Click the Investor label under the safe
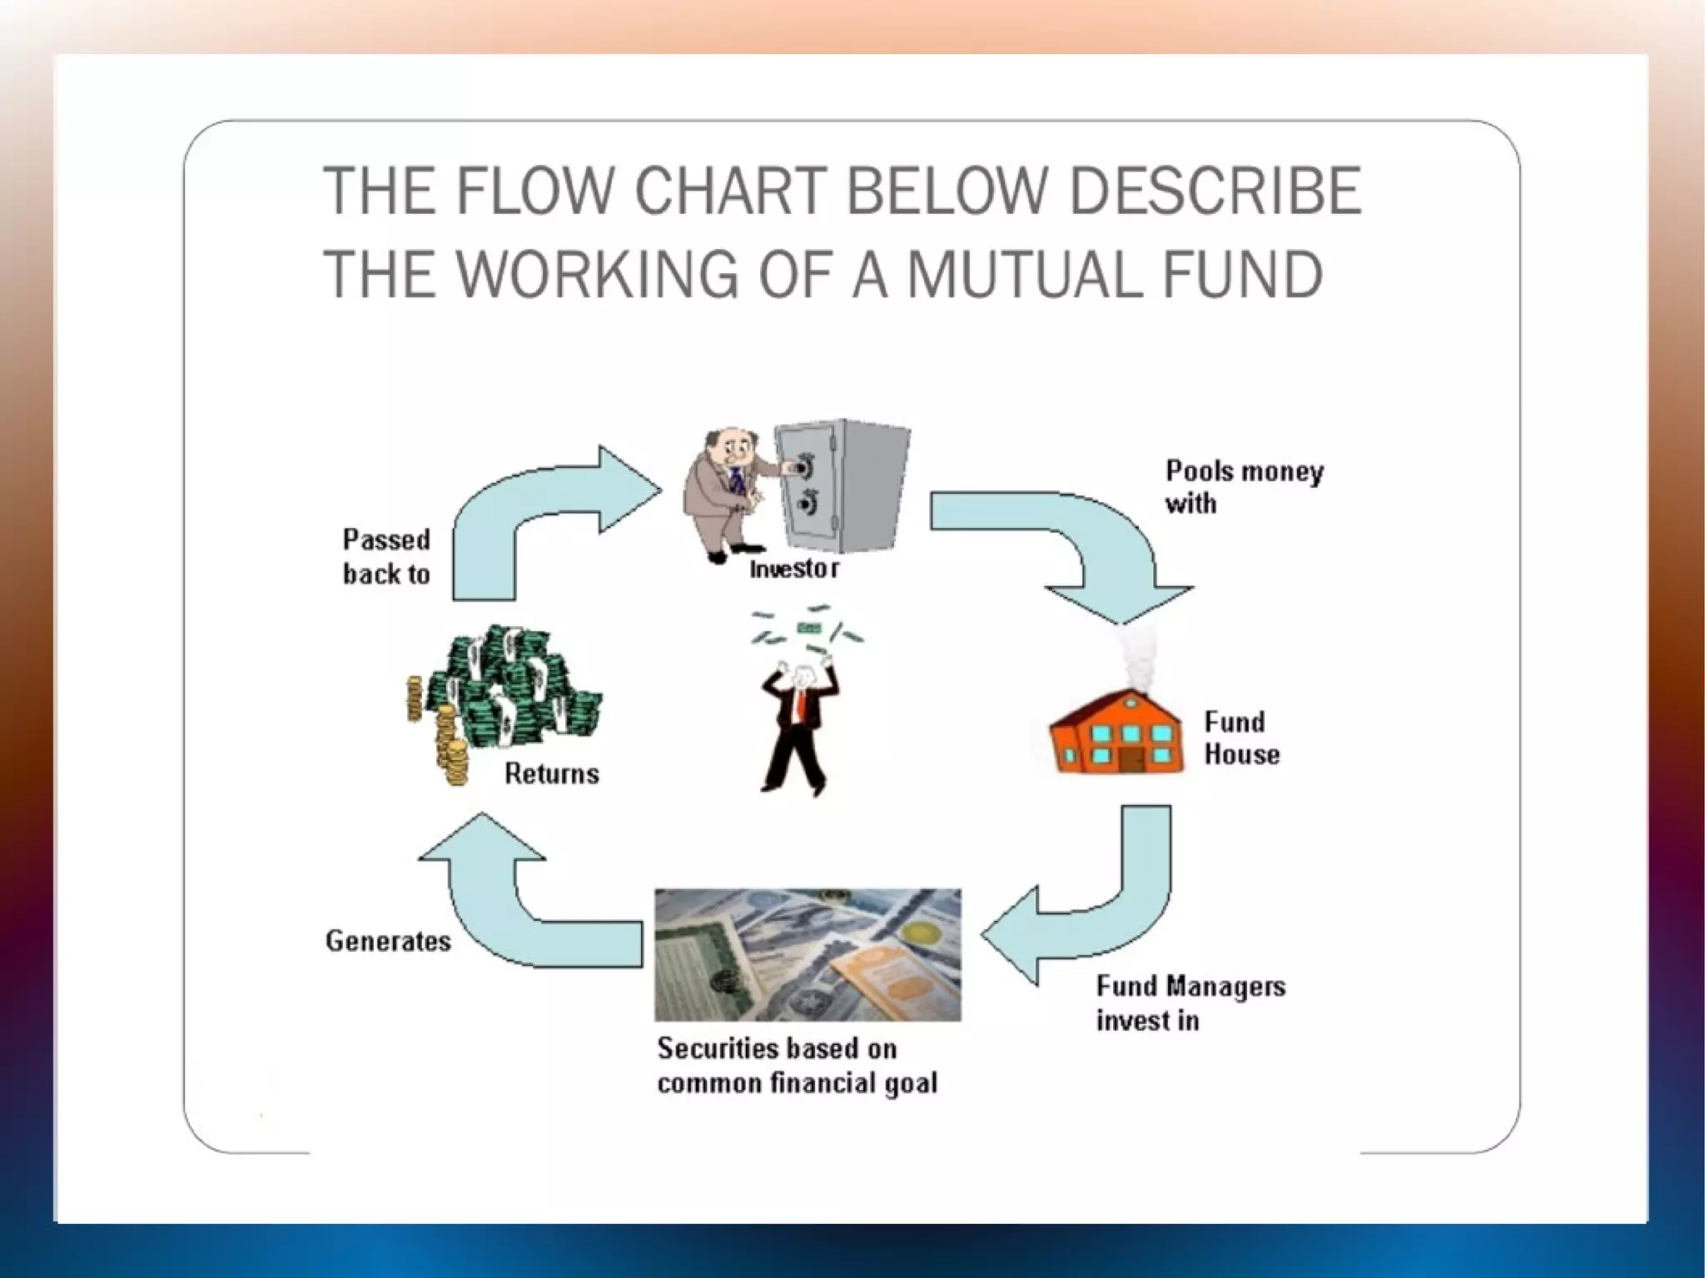pyautogui.click(x=793, y=569)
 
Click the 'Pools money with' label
pyautogui.click(x=1244, y=487)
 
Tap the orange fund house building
pyautogui.click(x=1116, y=733)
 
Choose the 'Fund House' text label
pyautogui.click(x=1240, y=738)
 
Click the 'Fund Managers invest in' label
pyautogui.click(x=1190, y=1003)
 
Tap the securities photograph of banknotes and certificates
pyautogui.click(x=807, y=954)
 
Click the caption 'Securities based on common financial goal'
pyautogui.click(x=797, y=1066)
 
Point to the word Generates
pyautogui.click(x=388, y=942)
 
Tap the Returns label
pyautogui.click(x=551, y=774)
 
